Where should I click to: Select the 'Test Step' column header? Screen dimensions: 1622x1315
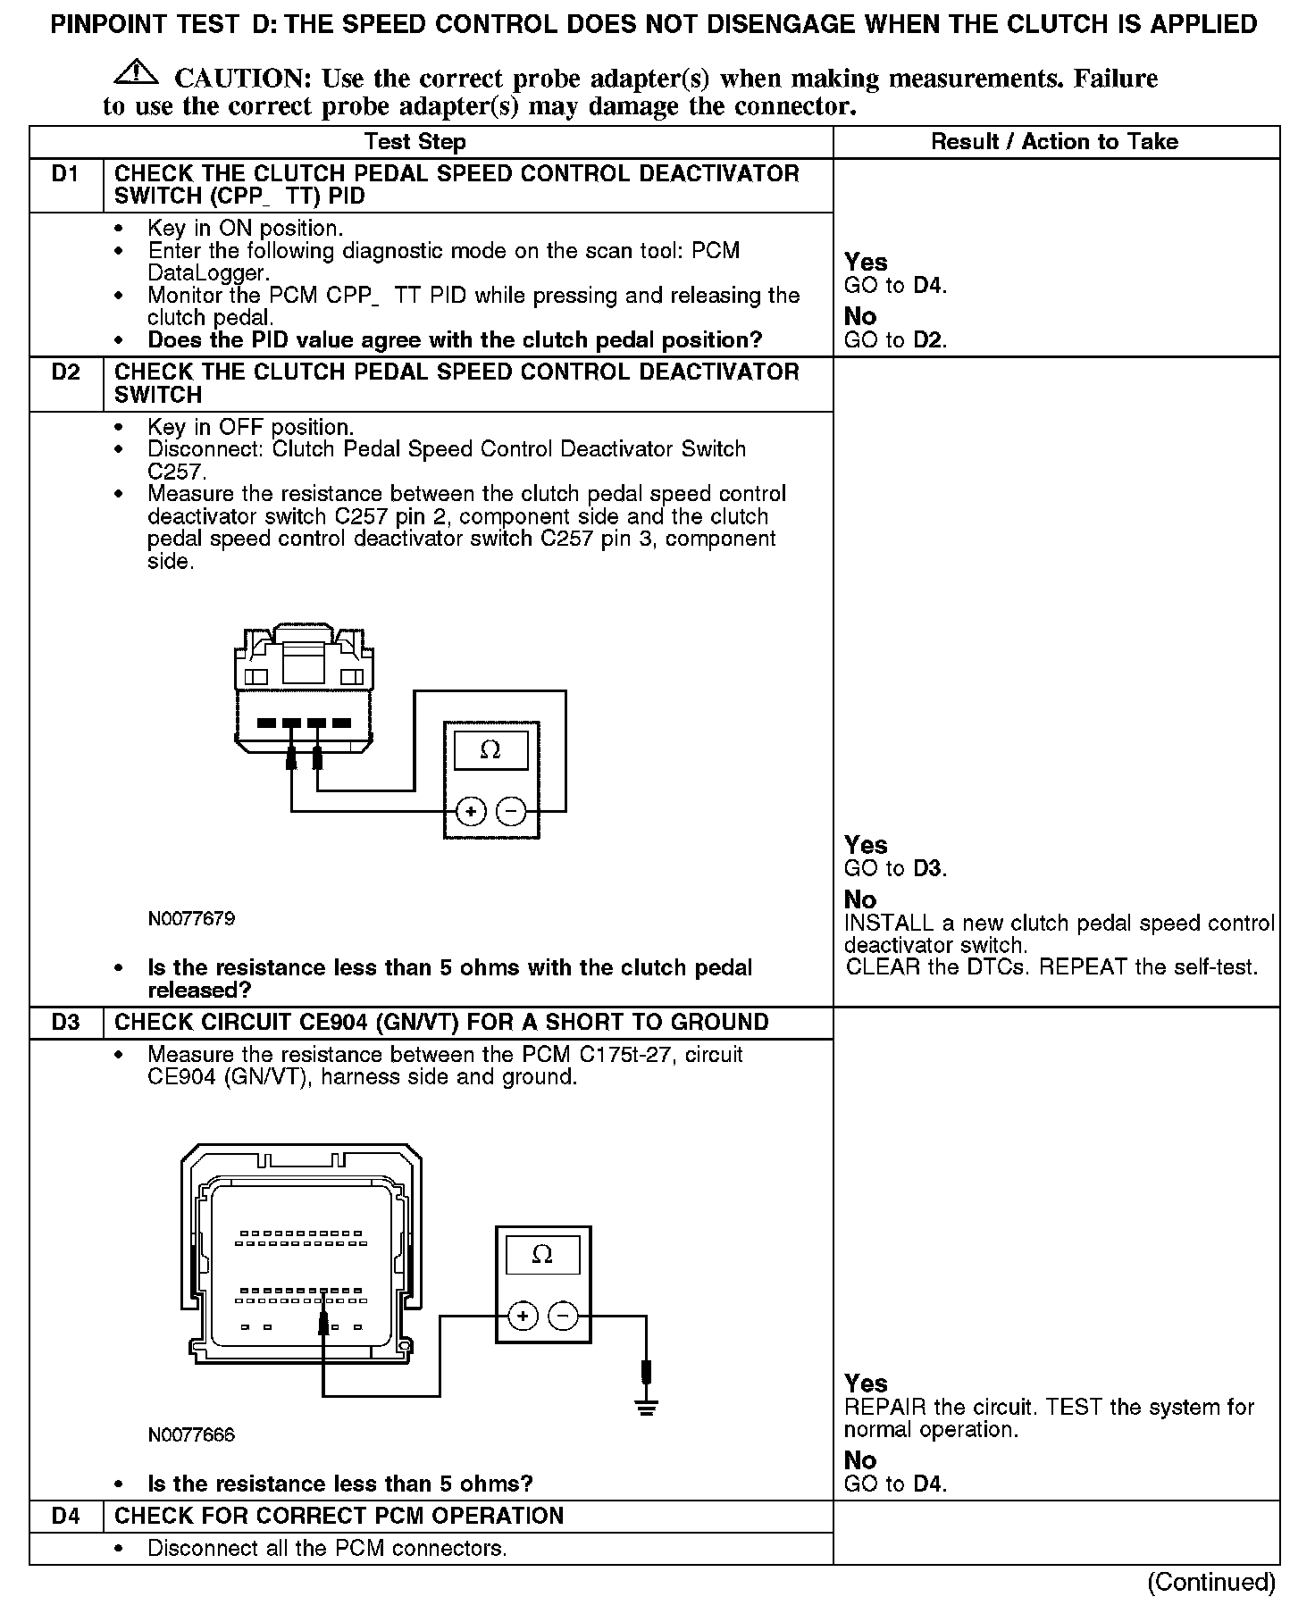point(415,142)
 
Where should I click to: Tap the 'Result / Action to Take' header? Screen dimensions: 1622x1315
point(1054,142)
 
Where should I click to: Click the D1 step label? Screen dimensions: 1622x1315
point(65,174)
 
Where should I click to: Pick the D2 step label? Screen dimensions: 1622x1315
point(65,372)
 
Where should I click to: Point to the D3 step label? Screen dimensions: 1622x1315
point(65,1023)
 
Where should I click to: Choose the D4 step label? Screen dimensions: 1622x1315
point(65,1516)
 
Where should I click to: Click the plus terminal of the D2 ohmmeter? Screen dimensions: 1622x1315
point(470,811)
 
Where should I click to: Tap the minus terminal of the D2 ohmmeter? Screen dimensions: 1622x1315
point(510,811)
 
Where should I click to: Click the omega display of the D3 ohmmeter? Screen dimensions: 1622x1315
point(542,1254)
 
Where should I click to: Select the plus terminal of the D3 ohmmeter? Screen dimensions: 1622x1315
point(523,1316)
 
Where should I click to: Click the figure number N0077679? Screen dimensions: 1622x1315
point(191,918)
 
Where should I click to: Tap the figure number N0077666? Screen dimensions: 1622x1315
point(191,1435)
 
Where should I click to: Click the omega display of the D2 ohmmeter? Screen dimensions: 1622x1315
point(490,750)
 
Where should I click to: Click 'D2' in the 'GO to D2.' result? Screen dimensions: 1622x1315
point(929,340)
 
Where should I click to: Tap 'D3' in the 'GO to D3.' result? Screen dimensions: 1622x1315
point(929,868)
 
